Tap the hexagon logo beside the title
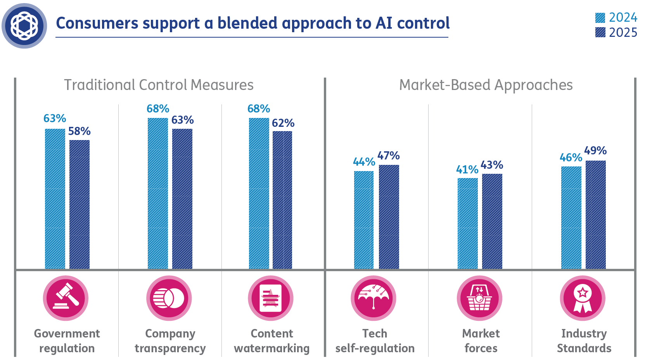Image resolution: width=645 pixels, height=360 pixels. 24,26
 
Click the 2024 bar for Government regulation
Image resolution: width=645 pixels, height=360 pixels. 55,199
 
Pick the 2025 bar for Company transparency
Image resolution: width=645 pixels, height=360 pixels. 182,199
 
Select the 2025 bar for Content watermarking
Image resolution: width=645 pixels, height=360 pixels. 282,200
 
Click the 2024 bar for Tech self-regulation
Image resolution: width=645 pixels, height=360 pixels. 364,220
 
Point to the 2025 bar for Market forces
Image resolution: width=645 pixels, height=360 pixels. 492,221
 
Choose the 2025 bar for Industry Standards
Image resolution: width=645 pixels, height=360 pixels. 595,215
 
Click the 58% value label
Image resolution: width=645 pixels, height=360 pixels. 80,132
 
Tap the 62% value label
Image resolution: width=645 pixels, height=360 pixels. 283,123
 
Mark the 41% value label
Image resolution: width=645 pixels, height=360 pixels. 467,170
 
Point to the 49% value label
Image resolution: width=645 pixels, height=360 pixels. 595,151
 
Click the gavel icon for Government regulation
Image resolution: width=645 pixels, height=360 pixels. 66,298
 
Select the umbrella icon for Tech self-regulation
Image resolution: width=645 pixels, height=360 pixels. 374,298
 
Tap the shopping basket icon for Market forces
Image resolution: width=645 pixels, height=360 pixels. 479,298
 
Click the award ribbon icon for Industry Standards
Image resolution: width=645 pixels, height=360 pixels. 583,298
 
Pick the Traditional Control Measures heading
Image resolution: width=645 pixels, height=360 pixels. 159,85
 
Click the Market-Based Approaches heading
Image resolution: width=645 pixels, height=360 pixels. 486,85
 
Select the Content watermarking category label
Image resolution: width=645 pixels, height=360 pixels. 271,341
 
